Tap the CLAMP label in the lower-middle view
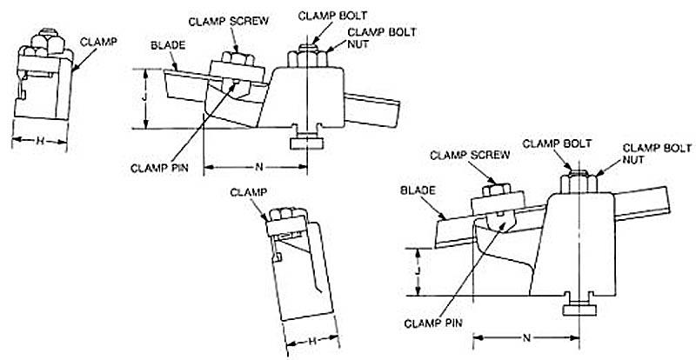coord(248,190)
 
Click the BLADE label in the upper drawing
coord(165,43)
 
